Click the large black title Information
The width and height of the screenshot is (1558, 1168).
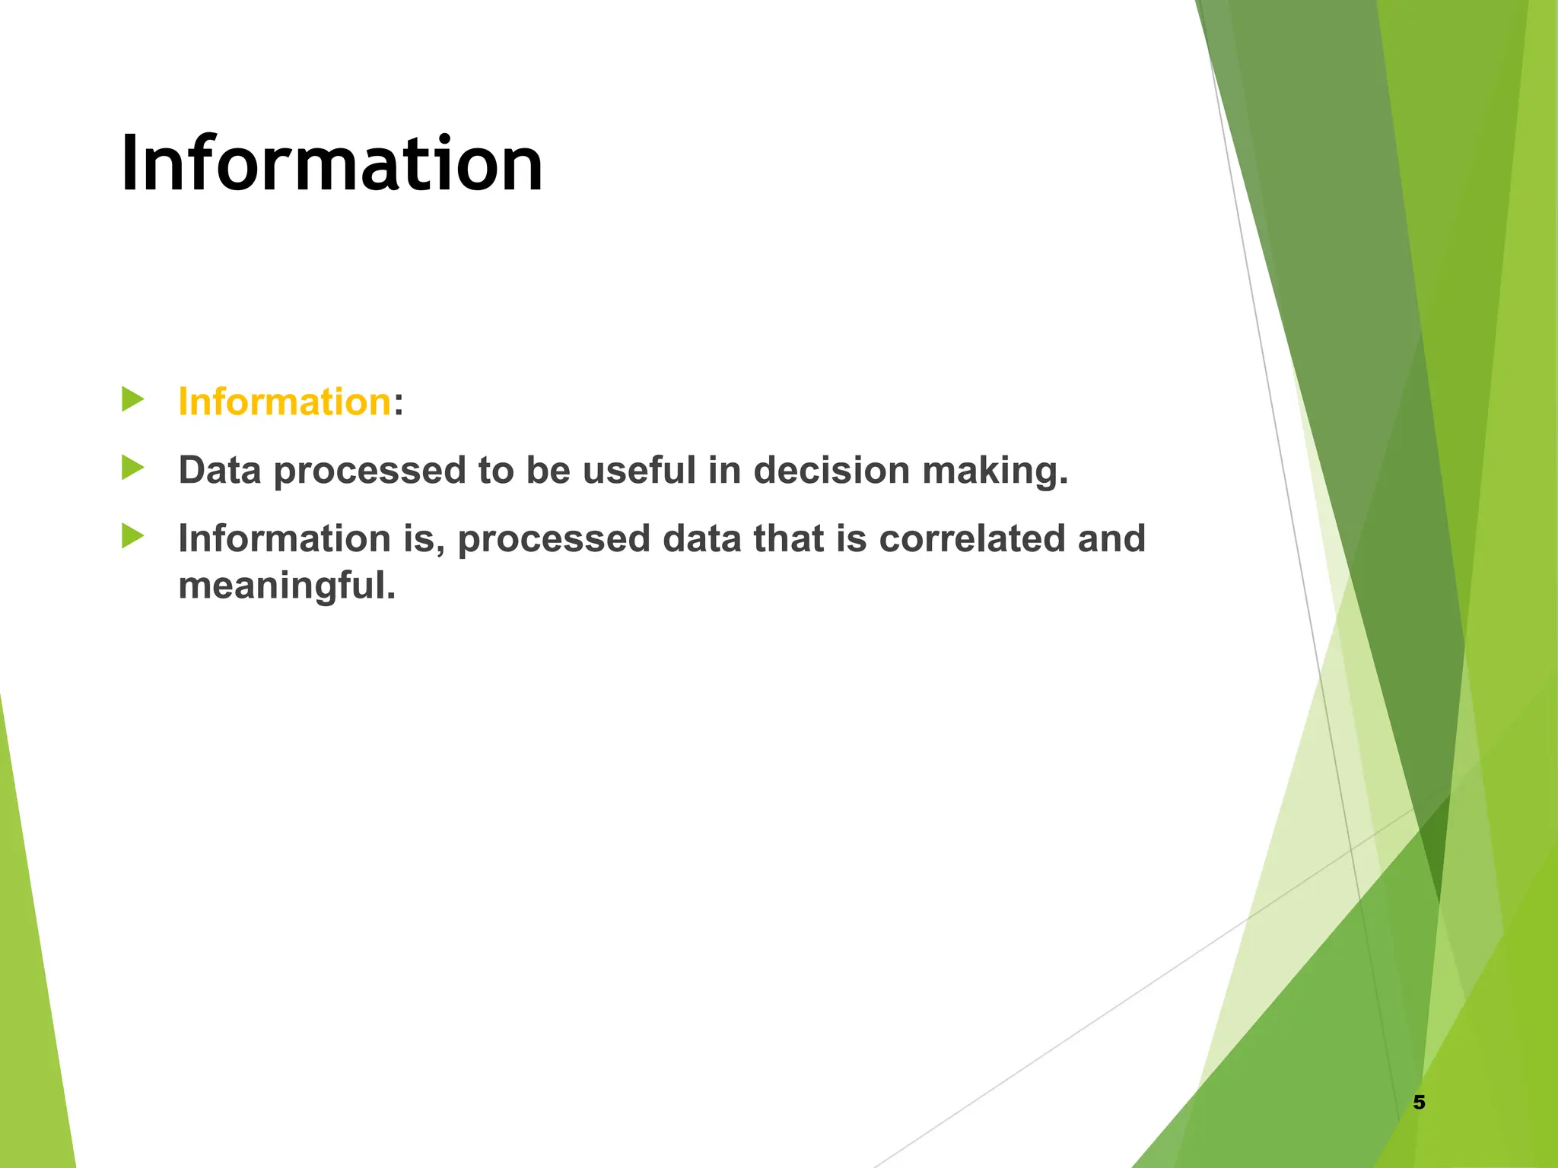point(332,163)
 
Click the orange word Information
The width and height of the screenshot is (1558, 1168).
point(284,401)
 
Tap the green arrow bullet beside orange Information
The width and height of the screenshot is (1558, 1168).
point(132,399)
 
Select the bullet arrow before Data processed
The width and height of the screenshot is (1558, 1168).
point(132,468)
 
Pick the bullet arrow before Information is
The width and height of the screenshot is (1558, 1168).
point(132,536)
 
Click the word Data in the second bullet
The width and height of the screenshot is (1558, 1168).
point(220,470)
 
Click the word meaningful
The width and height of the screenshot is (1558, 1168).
point(287,586)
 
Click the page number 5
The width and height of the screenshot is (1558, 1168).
point(1419,1102)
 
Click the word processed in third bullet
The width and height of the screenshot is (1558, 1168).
point(553,540)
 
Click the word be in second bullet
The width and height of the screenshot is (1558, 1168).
point(548,470)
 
